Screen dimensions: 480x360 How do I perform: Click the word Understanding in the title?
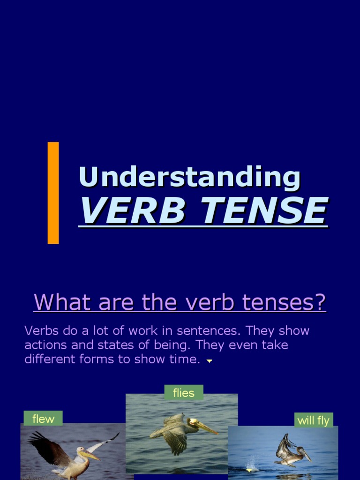pos(189,177)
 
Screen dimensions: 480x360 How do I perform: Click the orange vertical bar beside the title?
pos(53,193)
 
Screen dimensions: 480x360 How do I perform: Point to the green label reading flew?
pos(43,419)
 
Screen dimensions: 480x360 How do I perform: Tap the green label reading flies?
pos(183,393)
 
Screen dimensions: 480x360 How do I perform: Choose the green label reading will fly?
pos(313,420)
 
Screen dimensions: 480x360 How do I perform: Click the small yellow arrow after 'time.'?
pos(210,361)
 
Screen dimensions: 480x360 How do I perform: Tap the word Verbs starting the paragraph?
pos(41,330)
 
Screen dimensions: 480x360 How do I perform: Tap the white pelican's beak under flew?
pos(89,455)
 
